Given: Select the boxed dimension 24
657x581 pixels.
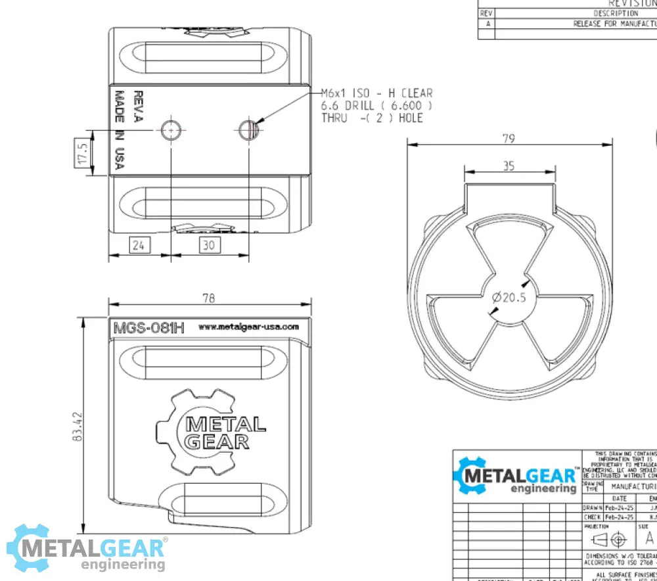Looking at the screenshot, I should (139, 245).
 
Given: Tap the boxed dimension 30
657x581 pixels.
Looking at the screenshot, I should (210, 245).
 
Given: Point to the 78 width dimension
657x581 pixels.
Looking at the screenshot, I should (208, 298).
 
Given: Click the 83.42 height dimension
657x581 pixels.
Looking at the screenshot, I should (78, 427).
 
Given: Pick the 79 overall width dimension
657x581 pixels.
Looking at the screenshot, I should (509, 138).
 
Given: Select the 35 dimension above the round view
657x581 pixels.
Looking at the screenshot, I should (509, 166).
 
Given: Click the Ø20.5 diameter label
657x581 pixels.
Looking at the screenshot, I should (509, 298).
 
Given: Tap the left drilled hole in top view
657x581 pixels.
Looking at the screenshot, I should (171, 130).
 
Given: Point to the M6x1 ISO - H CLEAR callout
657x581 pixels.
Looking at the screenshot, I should (376, 94).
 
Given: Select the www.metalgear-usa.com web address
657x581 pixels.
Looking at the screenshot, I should (248, 327).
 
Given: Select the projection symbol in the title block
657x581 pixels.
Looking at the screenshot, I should (608, 539).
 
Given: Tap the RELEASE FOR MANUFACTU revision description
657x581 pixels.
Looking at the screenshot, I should (614, 24).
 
